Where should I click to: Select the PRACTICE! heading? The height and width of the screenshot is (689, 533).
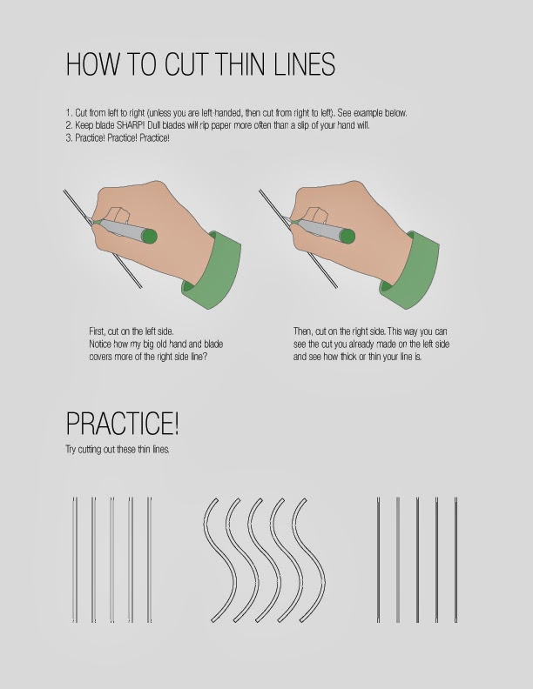pyautogui.click(x=123, y=424)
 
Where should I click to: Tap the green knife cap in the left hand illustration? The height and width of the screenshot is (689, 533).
pyautogui.click(x=149, y=235)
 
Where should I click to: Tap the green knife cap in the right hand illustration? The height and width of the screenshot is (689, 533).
pyautogui.click(x=346, y=235)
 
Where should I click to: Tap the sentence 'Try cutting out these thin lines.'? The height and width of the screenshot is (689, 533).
pyautogui.click(x=117, y=449)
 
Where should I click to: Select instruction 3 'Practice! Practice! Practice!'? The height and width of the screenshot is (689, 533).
pyautogui.click(x=117, y=137)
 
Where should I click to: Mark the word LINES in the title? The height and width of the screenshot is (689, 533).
pyautogui.click(x=300, y=65)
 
